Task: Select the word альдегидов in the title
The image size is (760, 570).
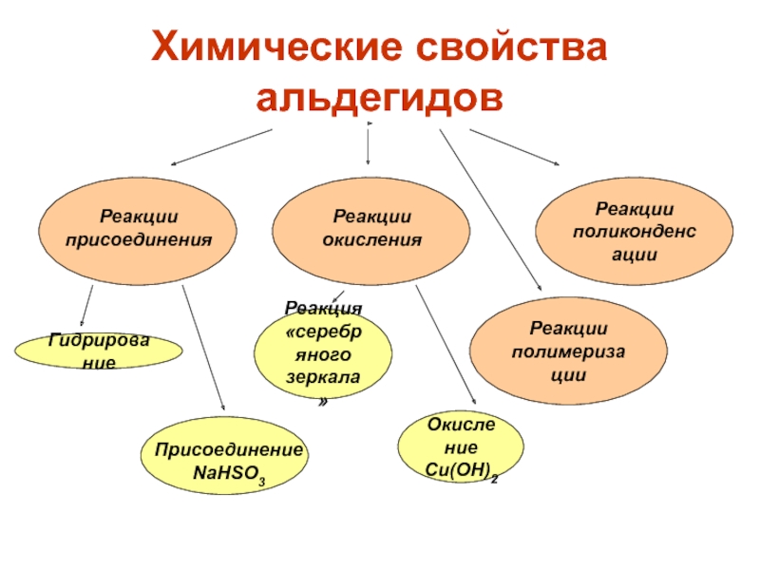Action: coord(379,98)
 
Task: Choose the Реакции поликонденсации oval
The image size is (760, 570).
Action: coord(634,232)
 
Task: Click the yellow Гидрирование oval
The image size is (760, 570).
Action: coord(99,351)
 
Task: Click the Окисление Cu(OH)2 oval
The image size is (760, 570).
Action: coord(461,454)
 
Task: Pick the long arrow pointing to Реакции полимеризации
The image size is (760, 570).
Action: coord(489,209)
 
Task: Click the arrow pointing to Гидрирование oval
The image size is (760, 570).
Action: coord(85,306)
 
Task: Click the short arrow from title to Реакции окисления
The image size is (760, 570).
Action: coord(369,147)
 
